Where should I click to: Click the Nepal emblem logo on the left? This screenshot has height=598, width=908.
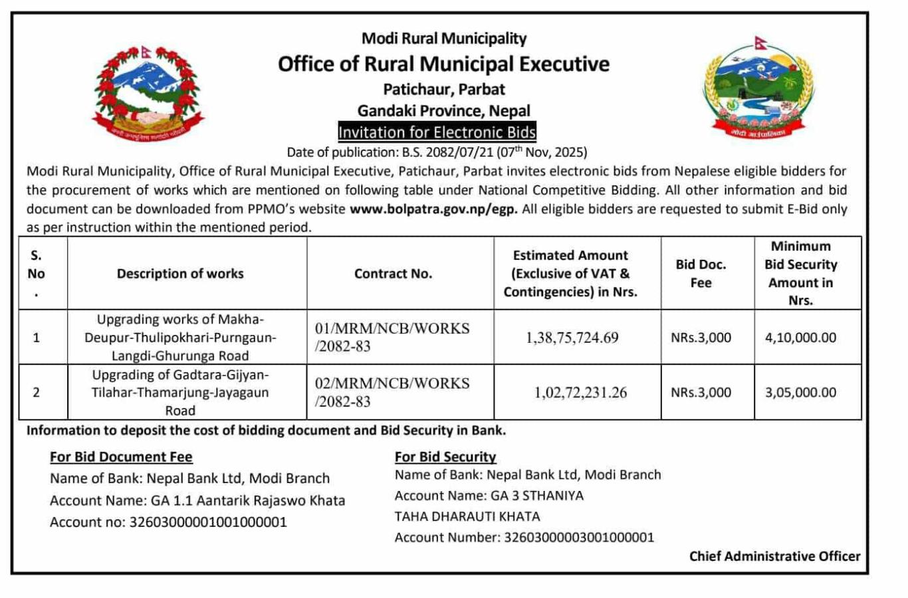(149, 92)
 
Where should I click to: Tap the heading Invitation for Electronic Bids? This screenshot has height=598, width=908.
(437, 132)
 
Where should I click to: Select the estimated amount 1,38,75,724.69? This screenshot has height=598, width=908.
(572, 338)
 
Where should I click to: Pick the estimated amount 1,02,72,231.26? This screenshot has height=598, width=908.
(580, 393)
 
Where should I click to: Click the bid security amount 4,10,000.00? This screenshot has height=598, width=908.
(800, 338)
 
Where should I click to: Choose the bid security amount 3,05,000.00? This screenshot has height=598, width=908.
(800, 393)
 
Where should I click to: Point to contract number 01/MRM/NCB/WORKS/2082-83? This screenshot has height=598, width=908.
(392, 337)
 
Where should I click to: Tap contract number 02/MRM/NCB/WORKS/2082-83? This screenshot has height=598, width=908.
(392, 392)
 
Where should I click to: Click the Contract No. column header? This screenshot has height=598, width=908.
(393, 274)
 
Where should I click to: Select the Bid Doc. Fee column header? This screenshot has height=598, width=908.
(701, 274)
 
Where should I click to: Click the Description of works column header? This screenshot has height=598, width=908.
(180, 274)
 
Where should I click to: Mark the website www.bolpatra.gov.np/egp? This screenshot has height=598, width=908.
(433, 209)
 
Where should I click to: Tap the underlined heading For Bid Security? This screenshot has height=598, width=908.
(445, 456)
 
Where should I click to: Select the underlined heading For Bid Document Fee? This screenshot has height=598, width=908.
(121, 456)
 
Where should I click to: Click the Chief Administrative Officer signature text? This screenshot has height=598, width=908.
(774, 556)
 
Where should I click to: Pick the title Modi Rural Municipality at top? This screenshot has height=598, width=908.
(444, 39)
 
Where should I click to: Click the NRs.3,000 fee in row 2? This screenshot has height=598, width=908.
(701, 393)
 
